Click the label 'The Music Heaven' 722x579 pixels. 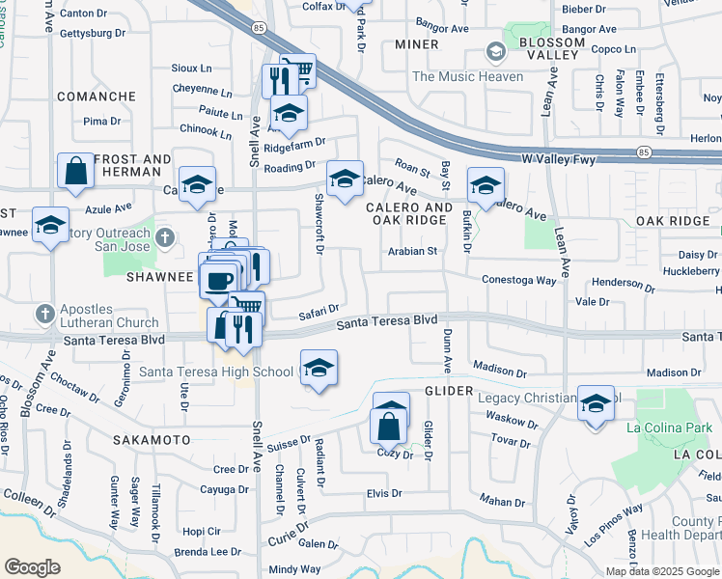coord(468,76)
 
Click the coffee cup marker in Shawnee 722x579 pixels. coord(218,279)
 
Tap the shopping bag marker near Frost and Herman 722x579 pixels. coord(75,171)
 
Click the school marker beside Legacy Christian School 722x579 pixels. coord(596,402)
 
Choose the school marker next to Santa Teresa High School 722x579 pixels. coord(319,368)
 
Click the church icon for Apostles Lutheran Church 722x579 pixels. coord(44,314)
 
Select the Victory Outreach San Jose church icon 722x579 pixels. coord(165,236)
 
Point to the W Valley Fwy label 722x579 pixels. coord(563,155)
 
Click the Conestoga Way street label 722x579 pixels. coord(520,280)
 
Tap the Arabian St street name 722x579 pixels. coord(413,251)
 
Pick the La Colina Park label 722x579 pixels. coord(669,427)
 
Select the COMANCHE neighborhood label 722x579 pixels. coord(96,96)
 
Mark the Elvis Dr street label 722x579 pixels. coord(384,493)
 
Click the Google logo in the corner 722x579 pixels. coord(32,567)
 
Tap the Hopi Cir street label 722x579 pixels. coord(201,531)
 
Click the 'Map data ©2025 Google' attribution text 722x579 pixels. coord(661,571)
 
